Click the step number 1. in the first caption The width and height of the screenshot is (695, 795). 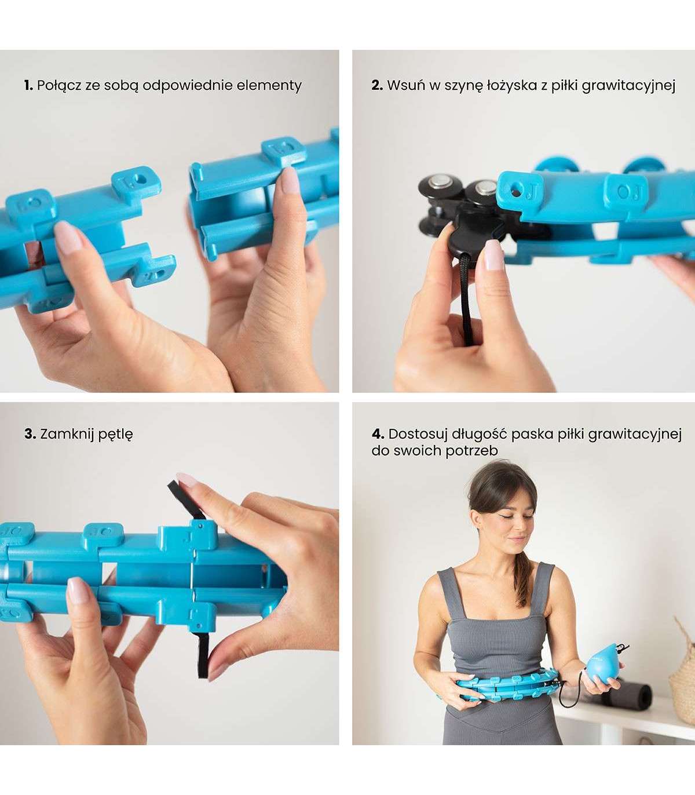[28, 86]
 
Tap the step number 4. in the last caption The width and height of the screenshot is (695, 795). [378, 434]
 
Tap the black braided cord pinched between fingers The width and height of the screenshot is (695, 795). [467, 299]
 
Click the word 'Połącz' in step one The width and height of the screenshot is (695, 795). [59, 86]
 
